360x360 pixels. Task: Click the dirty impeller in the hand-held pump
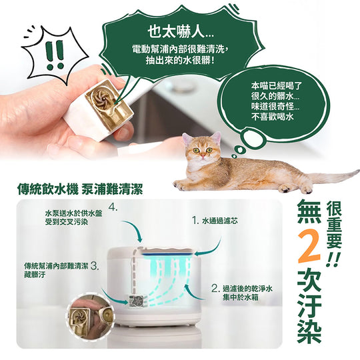pos(101,98)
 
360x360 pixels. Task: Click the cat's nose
pos(203,156)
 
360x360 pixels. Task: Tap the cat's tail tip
pos(357,171)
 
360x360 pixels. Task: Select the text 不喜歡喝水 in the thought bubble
pos(273,117)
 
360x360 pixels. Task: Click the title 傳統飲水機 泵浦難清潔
pos(80,189)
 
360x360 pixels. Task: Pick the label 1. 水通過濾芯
pos(215,221)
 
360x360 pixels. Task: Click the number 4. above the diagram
pos(113,208)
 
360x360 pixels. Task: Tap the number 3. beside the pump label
pos(95,266)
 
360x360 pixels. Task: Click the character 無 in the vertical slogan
pos(309,211)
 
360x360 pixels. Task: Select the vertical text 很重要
pos(334,225)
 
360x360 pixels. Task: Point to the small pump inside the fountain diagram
pos(137,301)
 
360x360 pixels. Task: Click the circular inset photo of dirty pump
pos(90,316)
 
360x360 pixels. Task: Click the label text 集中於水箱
pos(241,297)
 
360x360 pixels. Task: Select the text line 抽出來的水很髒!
pos(181,60)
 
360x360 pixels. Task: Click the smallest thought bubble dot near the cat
pos(234,156)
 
